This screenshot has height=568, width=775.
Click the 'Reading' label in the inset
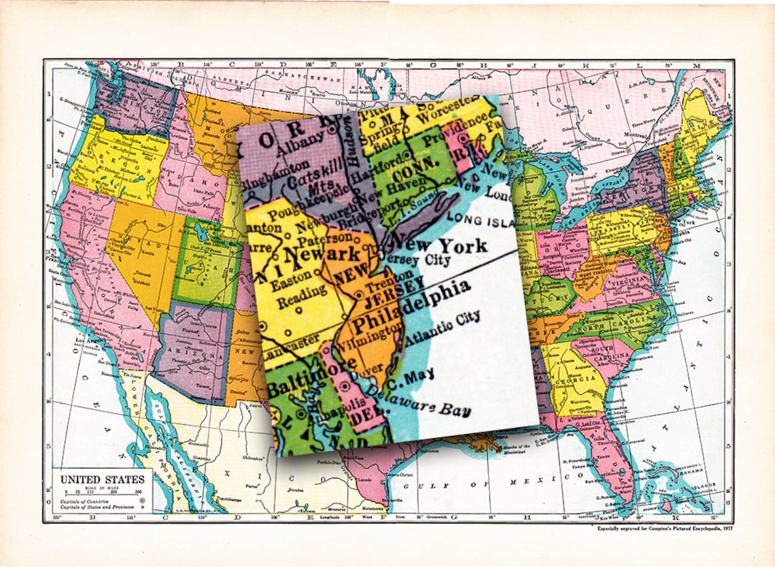pyautogui.click(x=293, y=300)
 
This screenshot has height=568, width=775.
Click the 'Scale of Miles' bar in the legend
pyautogui.click(x=102, y=492)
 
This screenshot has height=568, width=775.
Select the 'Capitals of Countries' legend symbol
pyautogui.click(x=142, y=499)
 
